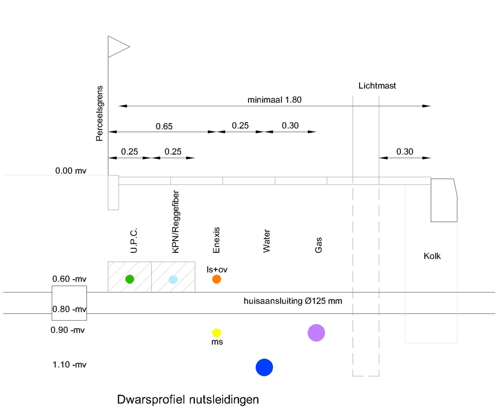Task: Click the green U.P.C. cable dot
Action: [x=130, y=279]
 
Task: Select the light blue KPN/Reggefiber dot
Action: [x=173, y=280]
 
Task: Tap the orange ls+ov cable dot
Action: [x=216, y=279]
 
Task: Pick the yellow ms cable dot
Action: [x=216, y=333]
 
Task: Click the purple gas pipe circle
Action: [x=316, y=333]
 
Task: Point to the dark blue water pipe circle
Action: [x=264, y=368]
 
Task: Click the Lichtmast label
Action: [x=377, y=86]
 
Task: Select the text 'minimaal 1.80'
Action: [x=275, y=100]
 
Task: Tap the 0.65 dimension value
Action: [x=164, y=126]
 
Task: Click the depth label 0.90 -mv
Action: [x=68, y=330]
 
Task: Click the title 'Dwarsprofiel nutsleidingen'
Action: [x=188, y=399]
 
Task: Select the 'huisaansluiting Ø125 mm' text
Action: [x=293, y=301]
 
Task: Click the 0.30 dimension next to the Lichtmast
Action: [x=405, y=151]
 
